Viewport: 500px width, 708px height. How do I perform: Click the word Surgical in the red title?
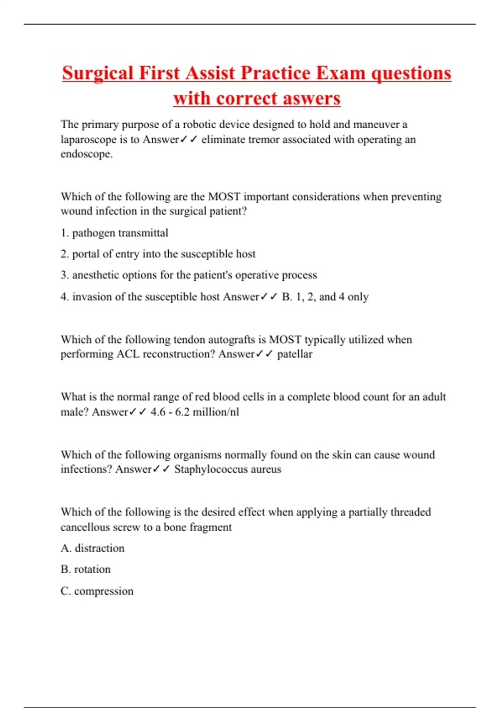pos(98,73)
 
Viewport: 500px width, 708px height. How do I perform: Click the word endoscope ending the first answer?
pos(86,154)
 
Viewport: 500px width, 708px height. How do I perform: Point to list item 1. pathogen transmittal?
pos(115,233)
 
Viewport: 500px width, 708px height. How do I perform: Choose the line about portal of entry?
pos(158,254)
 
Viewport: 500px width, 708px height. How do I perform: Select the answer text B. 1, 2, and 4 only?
pos(325,297)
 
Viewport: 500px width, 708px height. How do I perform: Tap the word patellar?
pos(295,354)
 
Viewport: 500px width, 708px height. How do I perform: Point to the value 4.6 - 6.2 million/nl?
pos(195,412)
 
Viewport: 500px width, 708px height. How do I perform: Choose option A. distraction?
pos(92,548)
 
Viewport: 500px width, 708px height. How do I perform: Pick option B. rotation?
pos(86,570)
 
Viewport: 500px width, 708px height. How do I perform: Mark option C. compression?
pos(97,591)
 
